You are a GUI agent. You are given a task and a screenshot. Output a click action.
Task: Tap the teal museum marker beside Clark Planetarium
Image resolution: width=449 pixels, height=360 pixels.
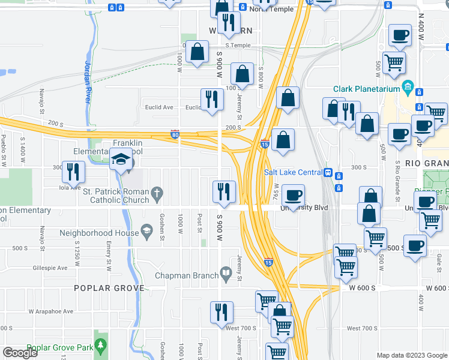pyautogui.click(x=408, y=86)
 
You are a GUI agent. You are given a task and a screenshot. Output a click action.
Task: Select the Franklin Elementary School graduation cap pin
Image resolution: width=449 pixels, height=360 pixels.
pyautogui.click(x=121, y=161)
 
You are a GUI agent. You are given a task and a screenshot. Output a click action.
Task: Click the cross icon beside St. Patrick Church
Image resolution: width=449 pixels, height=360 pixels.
pyautogui.click(x=157, y=194)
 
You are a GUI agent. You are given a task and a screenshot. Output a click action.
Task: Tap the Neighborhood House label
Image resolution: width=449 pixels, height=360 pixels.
pyautogui.click(x=98, y=232)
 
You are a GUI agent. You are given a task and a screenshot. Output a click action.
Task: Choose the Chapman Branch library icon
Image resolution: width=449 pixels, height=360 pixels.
pyautogui.click(x=226, y=274)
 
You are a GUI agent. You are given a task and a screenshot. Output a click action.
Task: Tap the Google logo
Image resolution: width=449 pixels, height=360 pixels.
pyautogui.click(x=20, y=353)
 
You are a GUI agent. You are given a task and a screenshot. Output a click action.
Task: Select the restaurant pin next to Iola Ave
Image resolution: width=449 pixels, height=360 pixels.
pyautogui.click(x=73, y=172)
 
